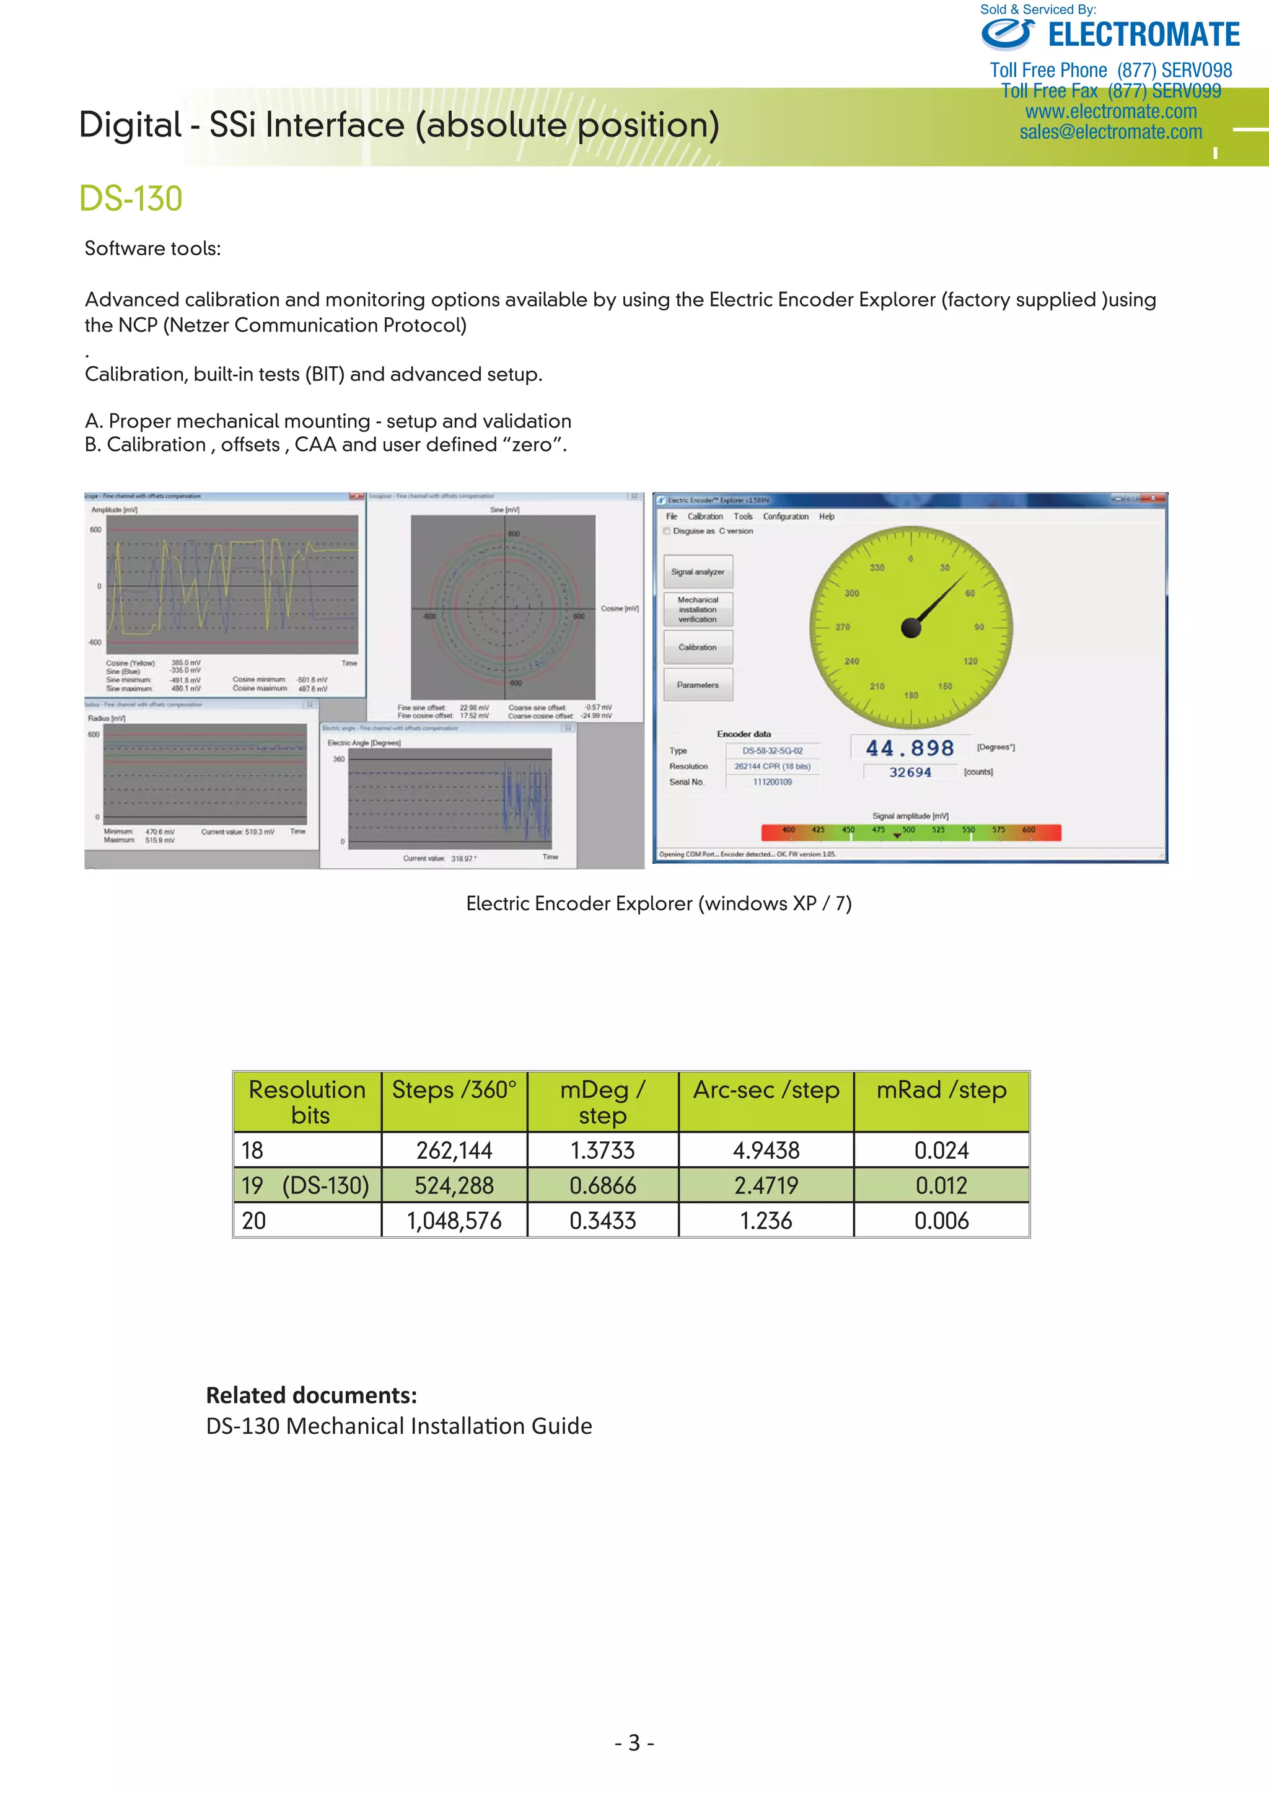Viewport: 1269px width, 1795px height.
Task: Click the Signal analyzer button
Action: [x=698, y=571]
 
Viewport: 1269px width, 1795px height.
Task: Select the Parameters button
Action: [x=698, y=685]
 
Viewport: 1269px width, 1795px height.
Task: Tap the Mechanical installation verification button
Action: [x=698, y=609]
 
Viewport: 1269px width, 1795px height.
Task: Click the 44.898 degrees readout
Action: [x=910, y=748]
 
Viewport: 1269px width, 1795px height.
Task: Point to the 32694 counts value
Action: [x=910, y=773]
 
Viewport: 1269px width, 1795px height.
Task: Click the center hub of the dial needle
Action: [x=911, y=627]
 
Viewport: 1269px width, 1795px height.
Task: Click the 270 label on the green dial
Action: [x=843, y=627]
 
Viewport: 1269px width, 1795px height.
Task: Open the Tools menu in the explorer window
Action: [x=743, y=517]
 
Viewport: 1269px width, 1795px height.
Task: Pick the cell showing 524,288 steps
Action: [x=454, y=1185]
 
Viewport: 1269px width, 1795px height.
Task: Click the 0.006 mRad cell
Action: [x=941, y=1221]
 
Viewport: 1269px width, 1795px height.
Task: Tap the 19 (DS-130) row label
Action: [x=305, y=1185]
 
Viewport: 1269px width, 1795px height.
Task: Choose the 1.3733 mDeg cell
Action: [x=602, y=1150]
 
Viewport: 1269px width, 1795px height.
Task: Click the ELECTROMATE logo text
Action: [x=1143, y=35]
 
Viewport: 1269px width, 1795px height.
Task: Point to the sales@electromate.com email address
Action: [x=1110, y=132]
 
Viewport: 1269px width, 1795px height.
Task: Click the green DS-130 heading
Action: [x=131, y=198]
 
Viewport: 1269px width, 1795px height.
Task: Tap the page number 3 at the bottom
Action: [x=634, y=1742]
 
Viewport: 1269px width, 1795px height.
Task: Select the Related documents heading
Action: [x=311, y=1395]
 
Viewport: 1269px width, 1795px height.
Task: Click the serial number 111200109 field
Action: [x=773, y=782]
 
